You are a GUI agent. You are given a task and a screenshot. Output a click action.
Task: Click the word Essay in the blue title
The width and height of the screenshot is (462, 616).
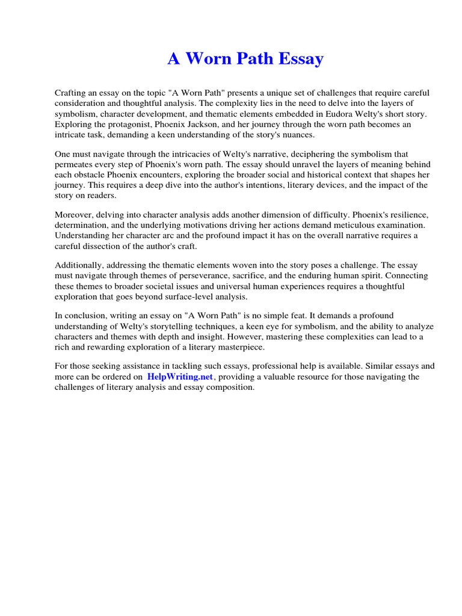tap(298, 59)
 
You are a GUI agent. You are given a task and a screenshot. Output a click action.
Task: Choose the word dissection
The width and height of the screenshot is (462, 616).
tap(103, 245)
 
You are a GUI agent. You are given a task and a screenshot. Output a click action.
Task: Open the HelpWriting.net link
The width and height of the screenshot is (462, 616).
tap(180, 377)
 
